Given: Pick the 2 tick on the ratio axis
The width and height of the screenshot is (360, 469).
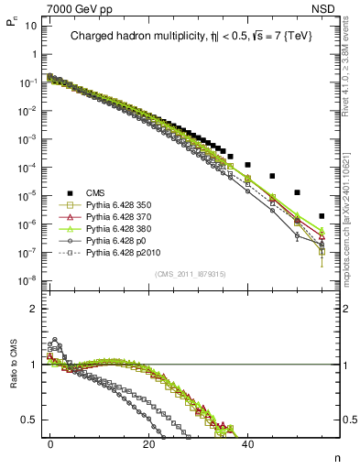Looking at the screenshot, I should tap(33, 309).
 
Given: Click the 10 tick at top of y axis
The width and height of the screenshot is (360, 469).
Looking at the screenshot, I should tap(31, 25).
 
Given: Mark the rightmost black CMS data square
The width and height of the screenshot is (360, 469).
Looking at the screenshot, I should tap(322, 217).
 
